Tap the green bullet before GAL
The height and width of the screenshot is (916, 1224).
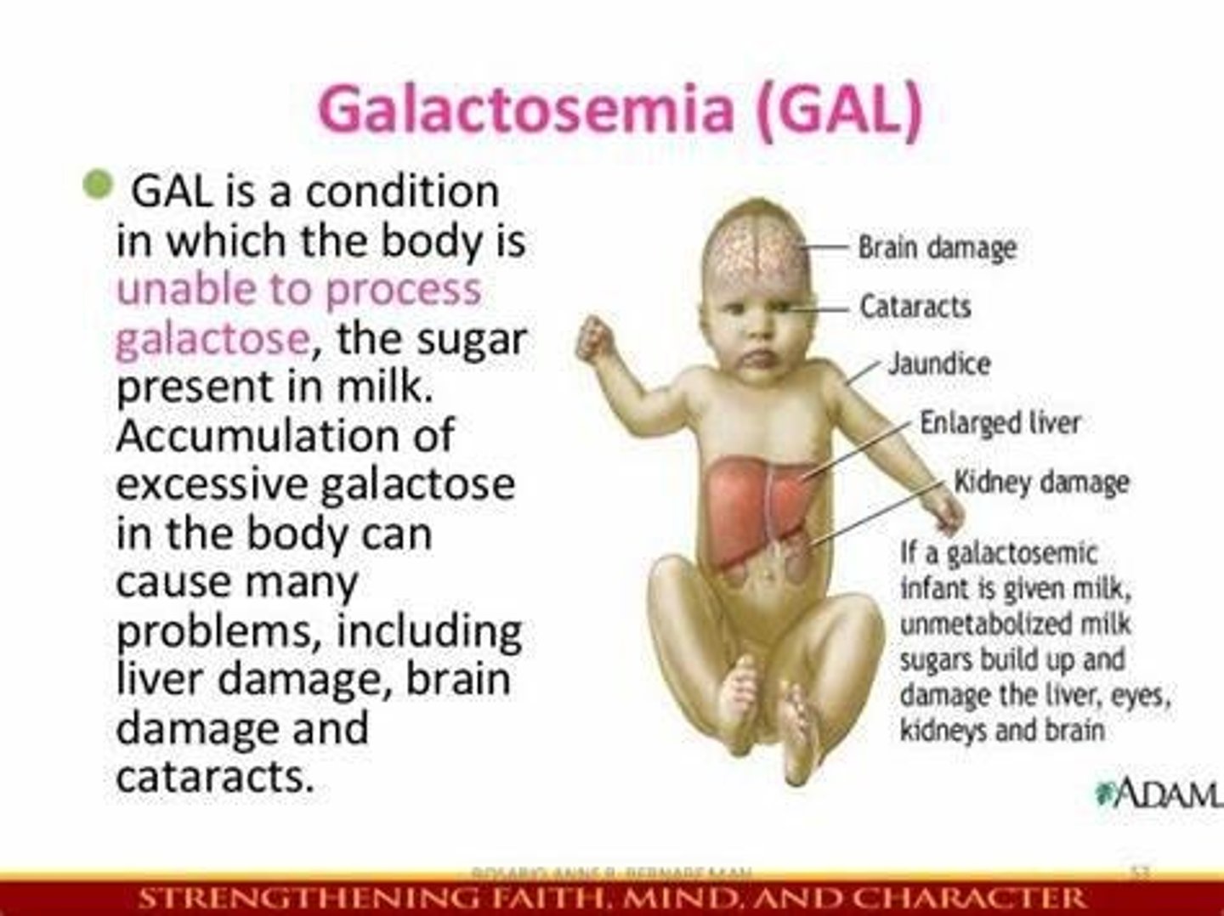tap(99, 184)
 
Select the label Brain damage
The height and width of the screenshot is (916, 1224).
tap(937, 247)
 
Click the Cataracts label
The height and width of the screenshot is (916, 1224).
tap(915, 306)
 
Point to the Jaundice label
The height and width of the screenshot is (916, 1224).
tap(939, 364)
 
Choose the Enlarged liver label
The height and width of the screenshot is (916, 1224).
tap(1000, 422)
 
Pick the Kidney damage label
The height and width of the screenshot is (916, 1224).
tap(1041, 482)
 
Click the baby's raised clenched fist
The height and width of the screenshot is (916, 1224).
tap(595, 337)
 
